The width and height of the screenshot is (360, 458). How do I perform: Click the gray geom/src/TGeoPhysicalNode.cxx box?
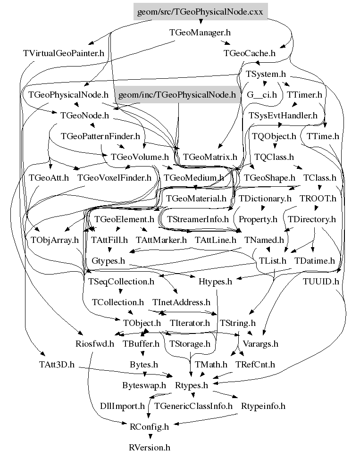coord(200,12)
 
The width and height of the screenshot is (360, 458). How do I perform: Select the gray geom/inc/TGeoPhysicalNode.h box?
coord(176,95)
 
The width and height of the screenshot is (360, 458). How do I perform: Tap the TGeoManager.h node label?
coord(200,33)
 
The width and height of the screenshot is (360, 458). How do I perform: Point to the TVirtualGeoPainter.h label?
coord(63,53)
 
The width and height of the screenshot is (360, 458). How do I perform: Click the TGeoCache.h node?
coord(249,53)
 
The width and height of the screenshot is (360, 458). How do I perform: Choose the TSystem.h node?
coord(266,74)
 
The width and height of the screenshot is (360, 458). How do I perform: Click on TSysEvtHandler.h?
coord(283,115)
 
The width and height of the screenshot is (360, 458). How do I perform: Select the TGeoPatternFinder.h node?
coord(100,136)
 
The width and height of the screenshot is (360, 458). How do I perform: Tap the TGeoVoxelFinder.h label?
coord(114,178)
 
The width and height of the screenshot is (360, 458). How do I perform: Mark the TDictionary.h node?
coord(265,199)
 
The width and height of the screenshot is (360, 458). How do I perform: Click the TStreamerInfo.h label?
coord(198,219)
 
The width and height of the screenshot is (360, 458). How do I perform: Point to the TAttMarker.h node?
coord(161,240)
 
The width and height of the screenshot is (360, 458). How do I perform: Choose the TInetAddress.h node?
coord(181,302)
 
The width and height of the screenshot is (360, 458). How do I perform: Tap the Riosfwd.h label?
coord(95,343)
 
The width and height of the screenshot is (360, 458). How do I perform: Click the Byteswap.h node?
coord(144,385)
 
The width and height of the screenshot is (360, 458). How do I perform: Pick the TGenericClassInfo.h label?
coord(193,406)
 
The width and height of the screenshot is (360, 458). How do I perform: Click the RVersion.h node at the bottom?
coord(150,447)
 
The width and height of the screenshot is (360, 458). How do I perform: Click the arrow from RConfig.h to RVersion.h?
coord(150,437)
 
